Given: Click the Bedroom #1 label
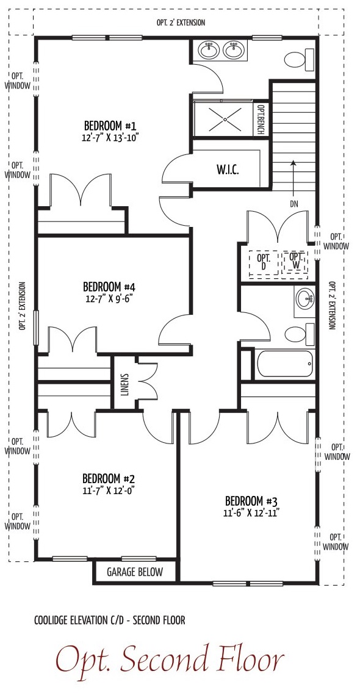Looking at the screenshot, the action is tap(110, 124).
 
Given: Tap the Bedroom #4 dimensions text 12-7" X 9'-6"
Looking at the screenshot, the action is tap(110, 298).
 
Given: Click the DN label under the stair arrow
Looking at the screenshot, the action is tap(294, 204).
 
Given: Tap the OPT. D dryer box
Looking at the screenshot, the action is tap(264, 262).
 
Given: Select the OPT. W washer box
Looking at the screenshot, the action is tap(295, 262).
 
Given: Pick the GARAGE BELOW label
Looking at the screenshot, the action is tap(135, 572).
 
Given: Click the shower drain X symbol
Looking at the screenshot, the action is tap(224, 119).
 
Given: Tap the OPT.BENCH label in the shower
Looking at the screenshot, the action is tap(261, 120).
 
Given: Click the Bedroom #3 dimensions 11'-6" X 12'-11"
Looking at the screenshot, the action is tap(251, 513).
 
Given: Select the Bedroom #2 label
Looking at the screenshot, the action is tap(109, 479).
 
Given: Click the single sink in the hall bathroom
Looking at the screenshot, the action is tap(304, 300).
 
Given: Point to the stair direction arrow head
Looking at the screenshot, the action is tap(292, 162).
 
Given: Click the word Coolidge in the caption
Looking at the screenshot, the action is tap(50, 620).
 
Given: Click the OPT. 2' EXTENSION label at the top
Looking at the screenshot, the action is tap(181, 23).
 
